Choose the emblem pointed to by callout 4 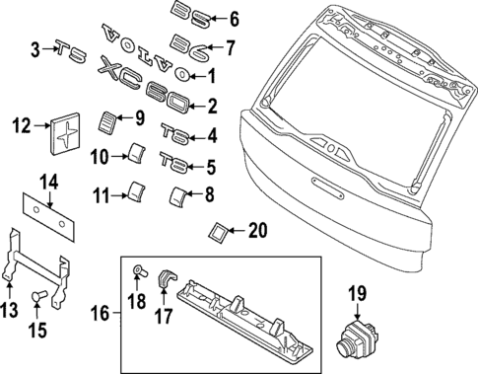point(173,133)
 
